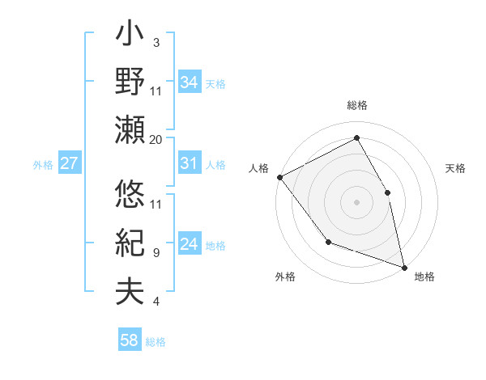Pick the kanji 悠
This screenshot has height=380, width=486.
coord(130,195)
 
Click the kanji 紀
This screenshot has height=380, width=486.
coord(130,243)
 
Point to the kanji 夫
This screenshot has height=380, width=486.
coord(130,290)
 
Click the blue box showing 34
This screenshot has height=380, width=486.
coord(190,82)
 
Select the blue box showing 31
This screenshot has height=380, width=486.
coord(190,163)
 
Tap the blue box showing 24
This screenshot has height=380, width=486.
coord(190,244)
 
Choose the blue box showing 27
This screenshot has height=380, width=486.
coord(70,163)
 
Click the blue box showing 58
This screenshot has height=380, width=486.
coord(130,340)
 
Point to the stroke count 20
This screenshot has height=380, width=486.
coord(156,140)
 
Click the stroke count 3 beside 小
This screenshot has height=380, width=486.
coord(156,42)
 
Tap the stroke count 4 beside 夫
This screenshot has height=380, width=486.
coord(156,302)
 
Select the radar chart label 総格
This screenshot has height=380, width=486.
coord(356,106)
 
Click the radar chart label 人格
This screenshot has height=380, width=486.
coord(259,168)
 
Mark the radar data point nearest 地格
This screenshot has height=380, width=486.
coord(404,266)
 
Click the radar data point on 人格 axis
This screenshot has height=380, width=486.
coord(279,176)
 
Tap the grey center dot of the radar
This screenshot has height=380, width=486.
coord(356,201)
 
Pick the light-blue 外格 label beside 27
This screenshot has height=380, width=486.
coord(43,165)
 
